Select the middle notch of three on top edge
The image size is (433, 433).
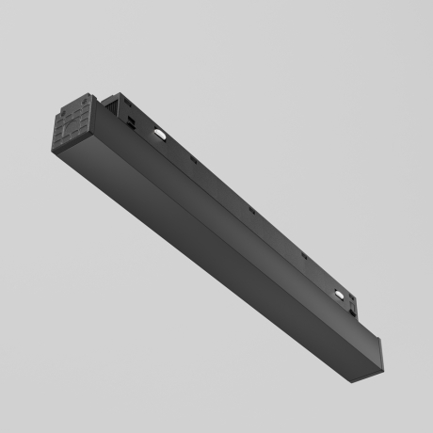coord(249,209)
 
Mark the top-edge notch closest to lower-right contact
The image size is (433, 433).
coord(303,257)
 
